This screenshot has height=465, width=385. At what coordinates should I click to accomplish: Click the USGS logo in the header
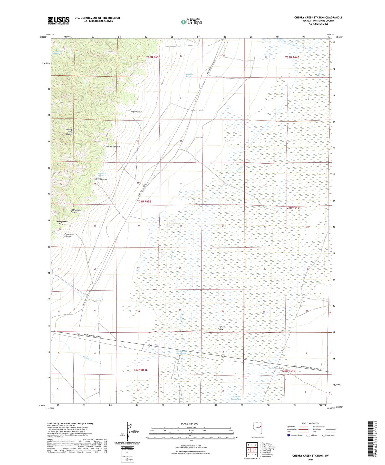coord(59,21)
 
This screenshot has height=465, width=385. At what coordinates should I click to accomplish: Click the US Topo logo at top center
coord(191,22)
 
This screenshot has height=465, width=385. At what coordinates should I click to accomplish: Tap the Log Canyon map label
coord(136,112)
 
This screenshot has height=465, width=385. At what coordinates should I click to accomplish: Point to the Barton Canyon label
coord(113,147)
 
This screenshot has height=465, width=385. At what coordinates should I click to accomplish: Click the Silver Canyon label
coord(100,179)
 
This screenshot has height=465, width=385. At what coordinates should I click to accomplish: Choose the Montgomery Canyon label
coord(62,223)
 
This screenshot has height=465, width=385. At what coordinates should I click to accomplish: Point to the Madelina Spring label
coord(190,75)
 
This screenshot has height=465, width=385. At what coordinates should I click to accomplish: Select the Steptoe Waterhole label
coord(236,398)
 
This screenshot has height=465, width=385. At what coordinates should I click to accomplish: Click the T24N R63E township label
coord(144,202)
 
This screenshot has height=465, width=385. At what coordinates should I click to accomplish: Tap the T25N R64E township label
coord(292,57)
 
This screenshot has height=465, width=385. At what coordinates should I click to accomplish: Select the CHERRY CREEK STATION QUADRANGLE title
coord(318,17)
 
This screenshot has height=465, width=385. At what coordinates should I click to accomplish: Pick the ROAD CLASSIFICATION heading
coord(311,423)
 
